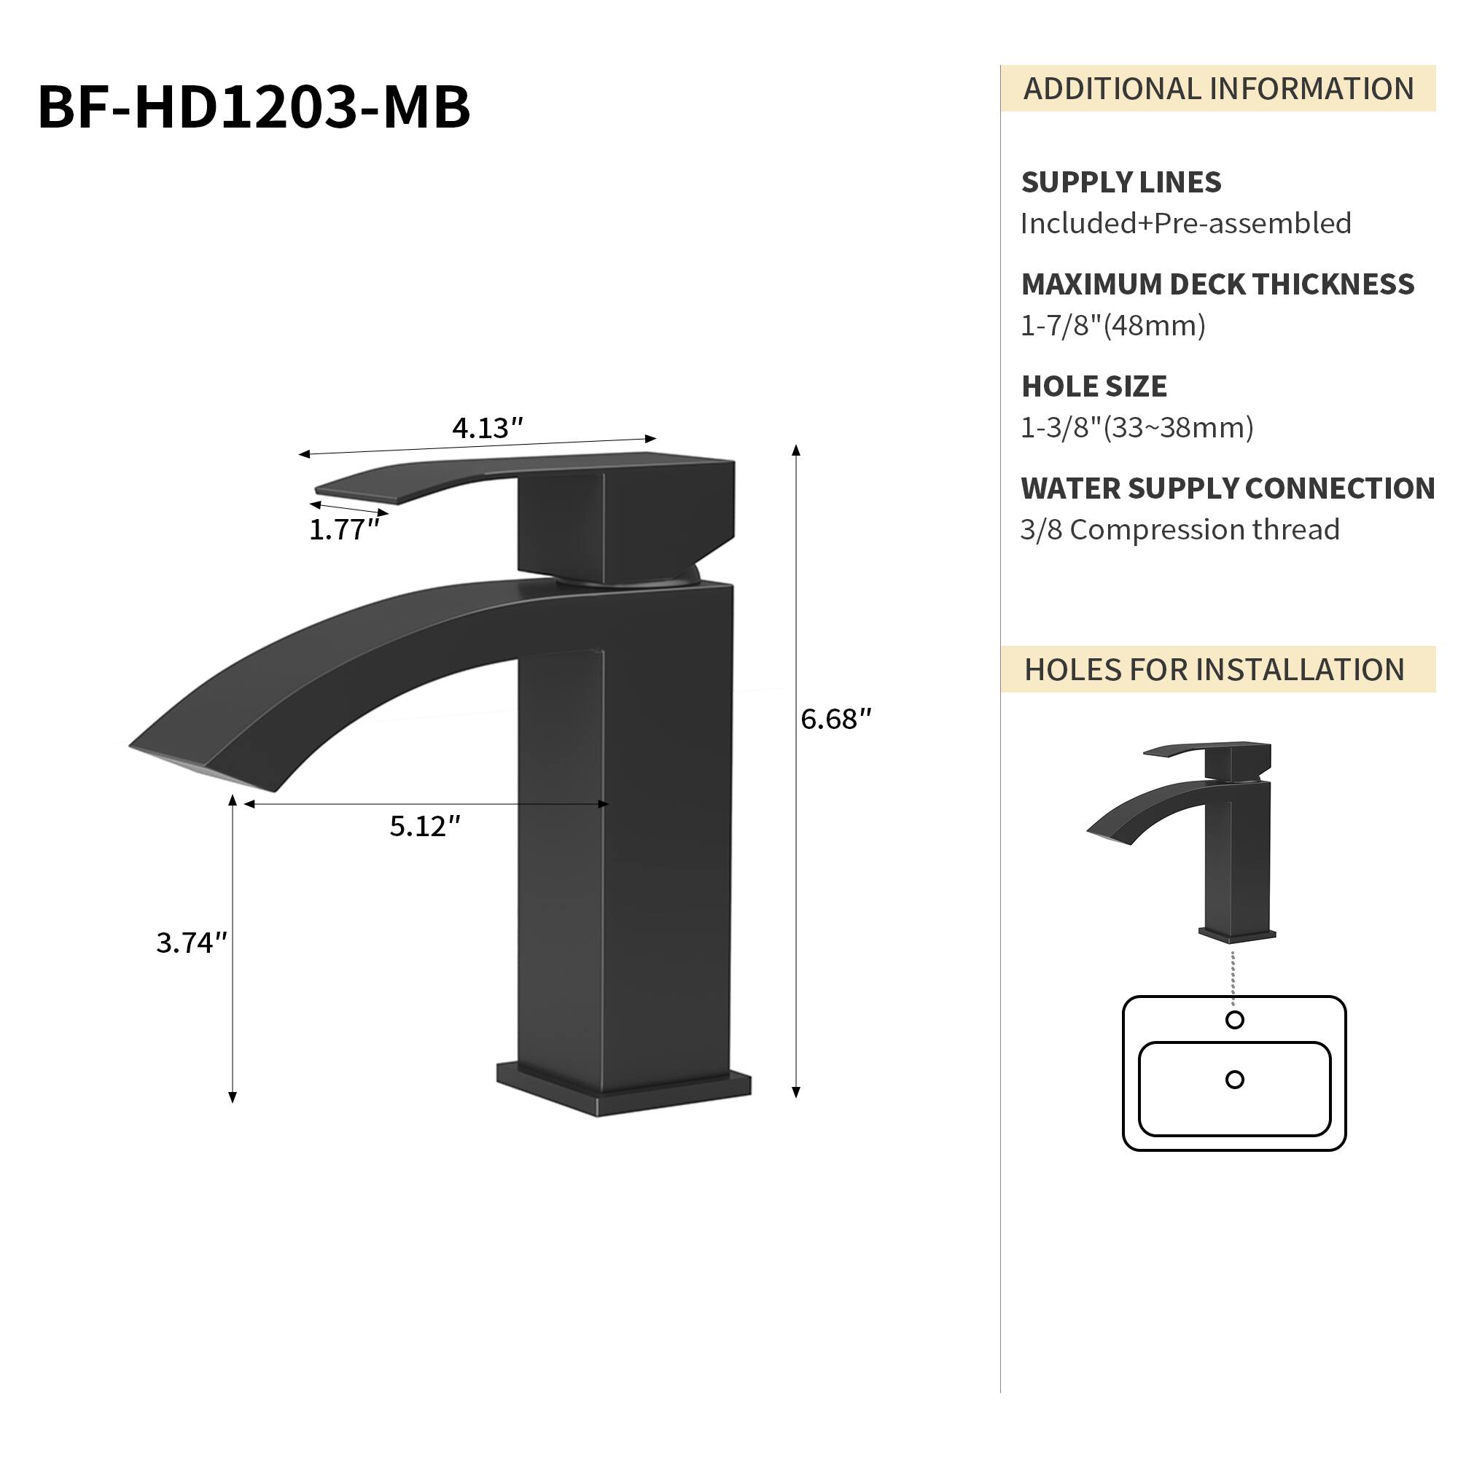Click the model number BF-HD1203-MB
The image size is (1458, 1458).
coord(254,107)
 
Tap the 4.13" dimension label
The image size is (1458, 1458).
coord(488,429)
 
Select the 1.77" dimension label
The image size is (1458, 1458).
coord(344,531)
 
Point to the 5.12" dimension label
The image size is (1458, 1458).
coord(425,827)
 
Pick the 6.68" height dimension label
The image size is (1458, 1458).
coord(836,720)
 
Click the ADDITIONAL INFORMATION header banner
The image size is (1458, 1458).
coord(1218,89)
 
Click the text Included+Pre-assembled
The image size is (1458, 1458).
coord(1185,223)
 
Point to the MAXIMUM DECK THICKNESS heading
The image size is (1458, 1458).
coord(1217,284)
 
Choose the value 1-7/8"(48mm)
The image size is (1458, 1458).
coord(1113,326)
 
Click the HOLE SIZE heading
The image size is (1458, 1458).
coord(1094,386)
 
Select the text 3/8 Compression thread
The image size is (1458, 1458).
coord(1180,530)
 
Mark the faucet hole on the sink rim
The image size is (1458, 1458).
coord(1235,1021)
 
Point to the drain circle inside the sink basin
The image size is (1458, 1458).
coord(1235,1080)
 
